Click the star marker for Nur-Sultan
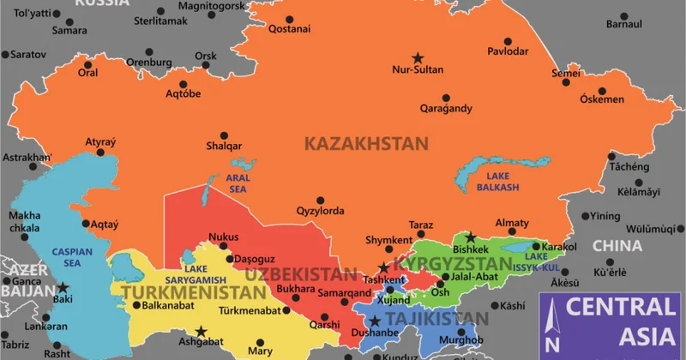point(418,57)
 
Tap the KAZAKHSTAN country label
point(366,143)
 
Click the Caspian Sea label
point(66,257)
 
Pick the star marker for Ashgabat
point(201,331)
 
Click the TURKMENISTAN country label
point(194,294)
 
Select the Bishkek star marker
point(470,237)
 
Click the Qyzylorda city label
point(320,210)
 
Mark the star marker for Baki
point(63,288)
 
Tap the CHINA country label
point(617,246)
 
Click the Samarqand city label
point(320,292)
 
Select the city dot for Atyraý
point(100,153)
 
